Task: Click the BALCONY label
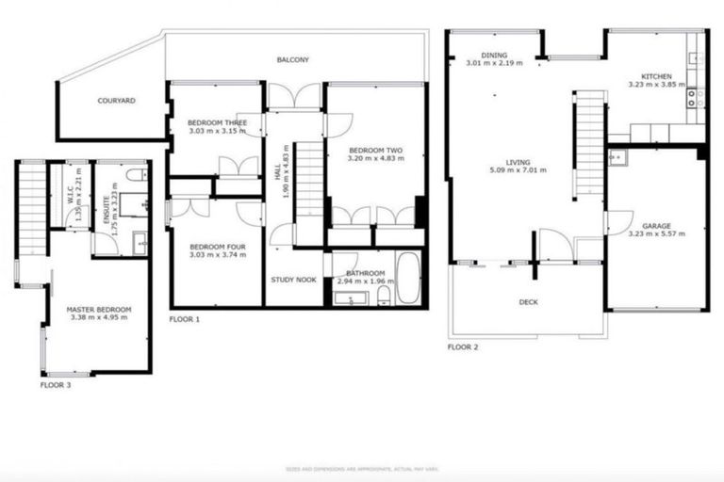(x=293, y=60)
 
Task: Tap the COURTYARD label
(x=118, y=100)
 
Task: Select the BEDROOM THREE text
(x=216, y=122)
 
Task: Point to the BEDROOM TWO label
(x=376, y=150)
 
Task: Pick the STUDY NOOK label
(x=293, y=280)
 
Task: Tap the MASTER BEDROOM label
(x=98, y=309)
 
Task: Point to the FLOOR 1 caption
(x=185, y=319)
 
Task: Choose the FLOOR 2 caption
(x=463, y=347)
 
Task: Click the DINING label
(x=494, y=55)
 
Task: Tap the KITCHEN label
(x=655, y=75)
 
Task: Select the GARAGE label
(x=656, y=226)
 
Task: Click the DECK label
(x=528, y=302)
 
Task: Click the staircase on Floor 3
(x=33, y=211)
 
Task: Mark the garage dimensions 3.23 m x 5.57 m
(x=656, y=234)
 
